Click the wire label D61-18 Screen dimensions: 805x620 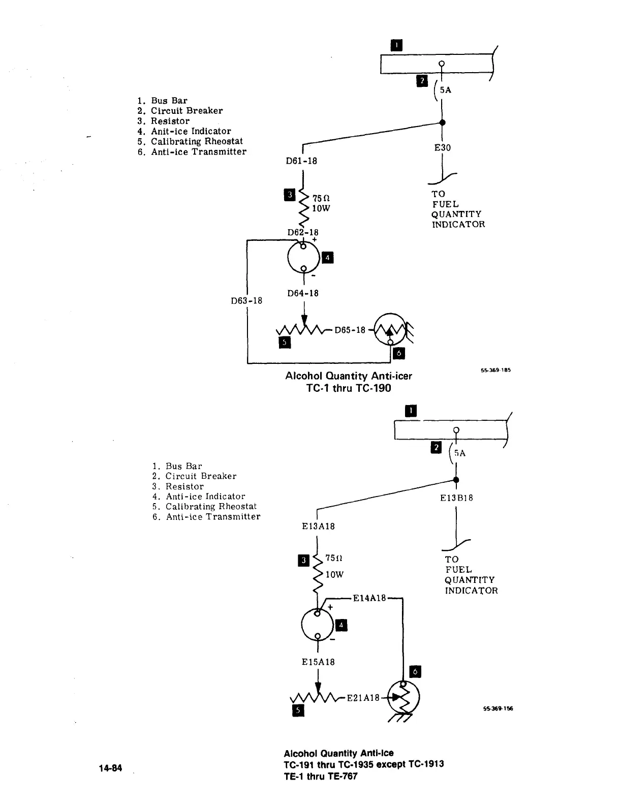(x=301, y=161)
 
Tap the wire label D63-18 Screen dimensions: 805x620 (x=246, y=300)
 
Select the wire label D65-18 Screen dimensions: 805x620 (x=350, y=330)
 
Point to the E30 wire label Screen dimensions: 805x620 (x=442, y=148)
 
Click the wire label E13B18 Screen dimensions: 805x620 (x=456, y=498)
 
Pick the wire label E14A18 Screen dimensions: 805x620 (x=369, y=598)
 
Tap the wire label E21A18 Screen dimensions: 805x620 (x=363, y=698)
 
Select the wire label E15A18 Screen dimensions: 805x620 (x=318, y=662)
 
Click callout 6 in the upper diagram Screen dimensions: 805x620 (x=399, y=353)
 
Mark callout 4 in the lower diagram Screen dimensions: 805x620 (x=342, y=625)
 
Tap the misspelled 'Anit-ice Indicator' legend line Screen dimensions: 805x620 (x=191, y=131)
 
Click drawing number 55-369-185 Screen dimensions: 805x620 (x=495, y=370)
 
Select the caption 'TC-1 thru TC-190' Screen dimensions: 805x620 (x=349, y=388)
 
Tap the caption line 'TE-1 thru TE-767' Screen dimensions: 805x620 (x=320, y=776)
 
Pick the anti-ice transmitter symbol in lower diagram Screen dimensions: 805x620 (x=404, y=696)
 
